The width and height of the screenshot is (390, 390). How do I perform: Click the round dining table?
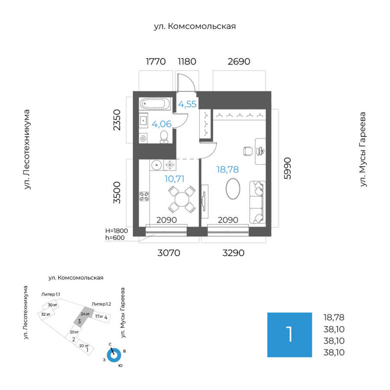pyautogui.click(x=181, y=199)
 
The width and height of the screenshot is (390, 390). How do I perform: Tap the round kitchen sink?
pyautogui.click(x=156, y=165)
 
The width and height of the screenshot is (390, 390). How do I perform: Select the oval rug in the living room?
pyautogui.click(x=233, y=189)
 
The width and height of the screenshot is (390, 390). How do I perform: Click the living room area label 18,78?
pyautogui.click(x=228, y=169)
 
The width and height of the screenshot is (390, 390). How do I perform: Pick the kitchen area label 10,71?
pyautogui.click(x=175, y=178)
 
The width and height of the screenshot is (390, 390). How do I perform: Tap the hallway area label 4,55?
pyautogui.click(x=188, y=104)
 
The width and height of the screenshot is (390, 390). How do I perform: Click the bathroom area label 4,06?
pyautogui.click(x=161, y=124)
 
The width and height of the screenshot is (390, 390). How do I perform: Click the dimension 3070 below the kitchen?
pyautogui.click(x=168, y=253)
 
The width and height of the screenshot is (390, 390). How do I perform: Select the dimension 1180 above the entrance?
pyautogui.click(x=187, y=62)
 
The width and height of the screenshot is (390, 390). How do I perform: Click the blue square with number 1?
pyautogui.click(x=289, y=335)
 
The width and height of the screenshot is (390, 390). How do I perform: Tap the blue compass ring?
pyautogui.click(x=114, y=355)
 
